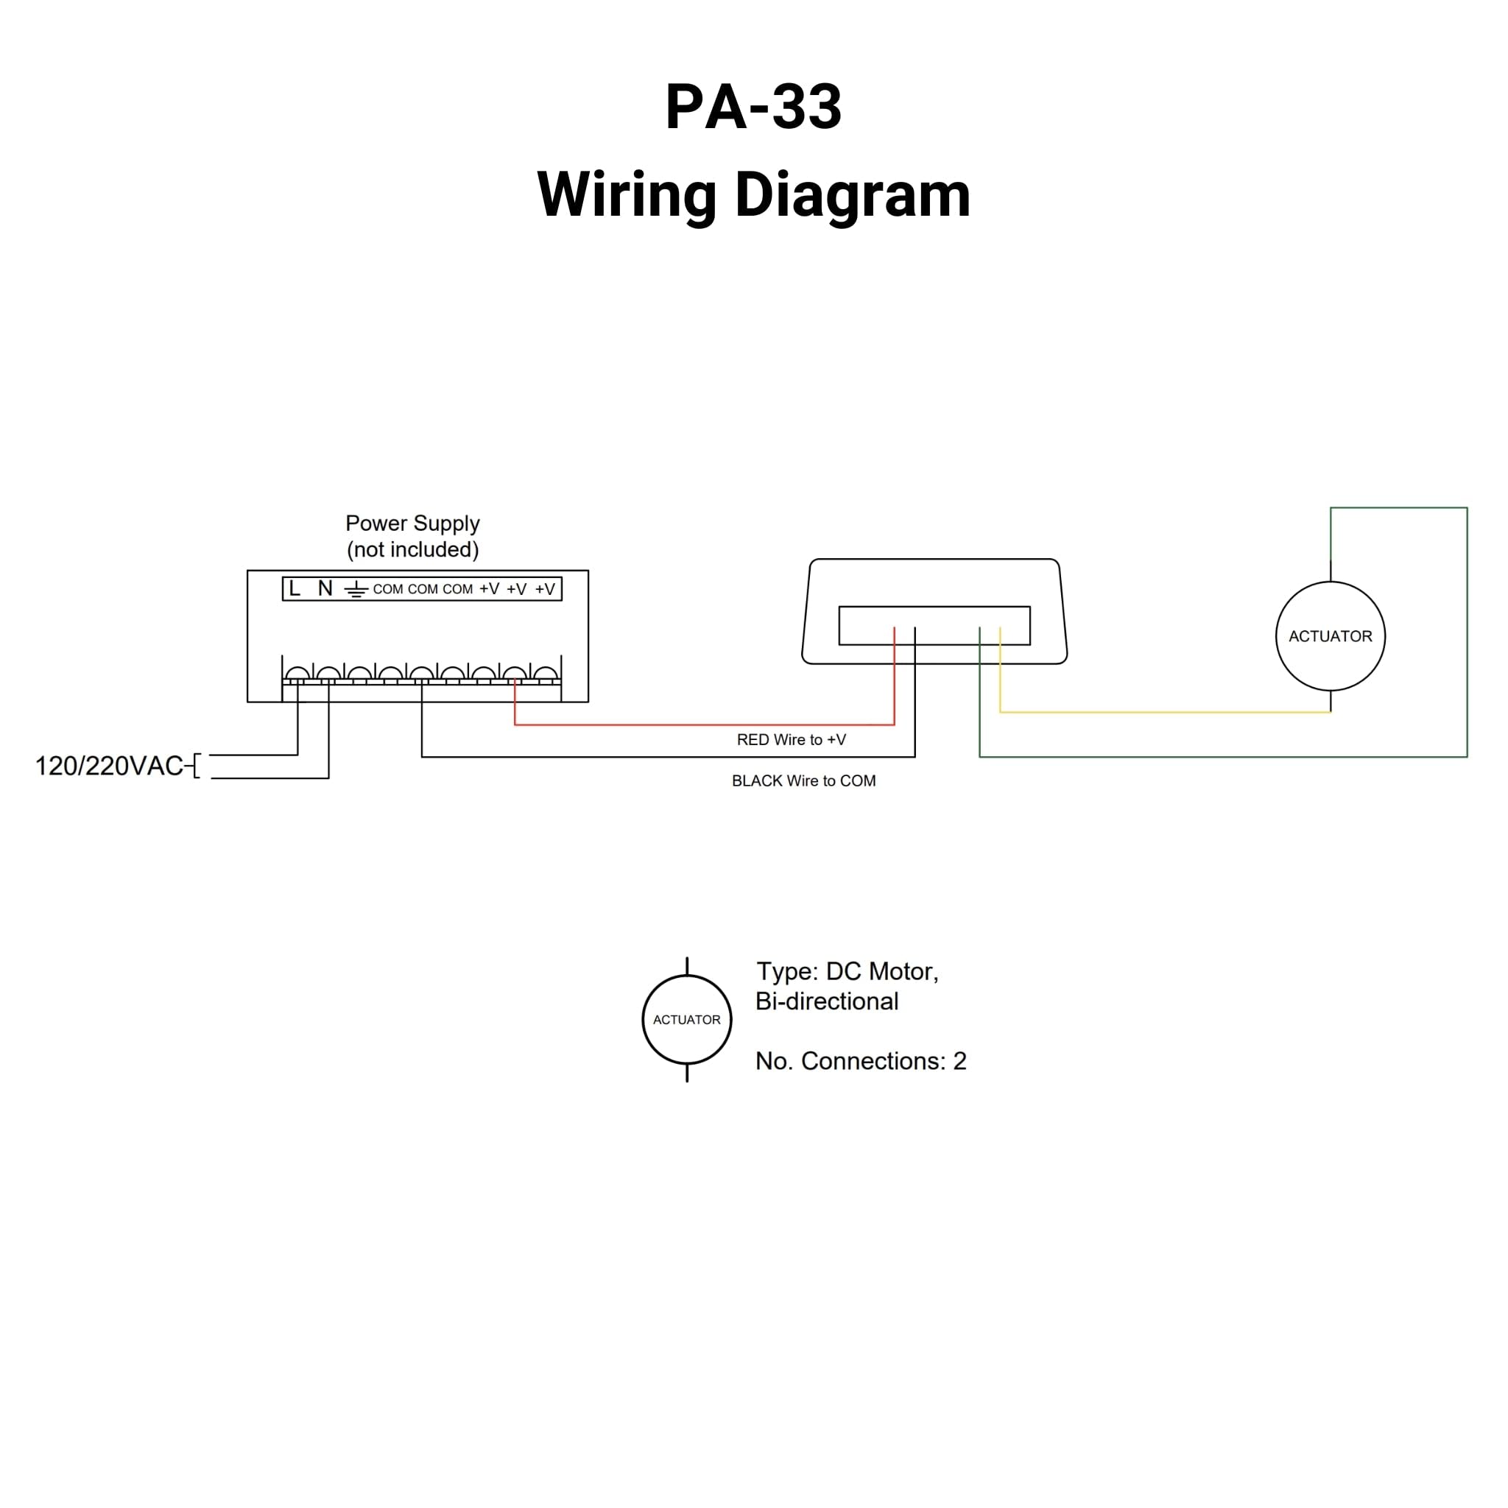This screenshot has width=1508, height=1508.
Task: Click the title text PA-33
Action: coord(753,107)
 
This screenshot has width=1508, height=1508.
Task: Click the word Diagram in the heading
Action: coord(853,195)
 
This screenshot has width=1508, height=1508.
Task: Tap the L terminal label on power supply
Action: coord(295,588)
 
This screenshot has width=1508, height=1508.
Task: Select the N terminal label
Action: coord(325,588)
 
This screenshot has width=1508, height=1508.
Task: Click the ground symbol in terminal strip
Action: coord(356,590)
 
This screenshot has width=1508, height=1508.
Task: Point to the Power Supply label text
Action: coord(412,523)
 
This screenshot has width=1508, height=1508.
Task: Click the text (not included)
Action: coord(412,549)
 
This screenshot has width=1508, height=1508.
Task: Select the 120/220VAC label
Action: coord(109,766)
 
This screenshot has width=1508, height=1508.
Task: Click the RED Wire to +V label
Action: coord(791,739)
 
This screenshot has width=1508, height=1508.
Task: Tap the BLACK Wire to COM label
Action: coord(803,781)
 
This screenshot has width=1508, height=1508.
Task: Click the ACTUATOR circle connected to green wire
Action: coord(1330,636)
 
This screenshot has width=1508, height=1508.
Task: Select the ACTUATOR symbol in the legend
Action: coord(686,1019)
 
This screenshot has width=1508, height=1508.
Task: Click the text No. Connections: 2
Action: coord(860,1061)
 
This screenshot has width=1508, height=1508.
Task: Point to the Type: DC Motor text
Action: coord(847,971)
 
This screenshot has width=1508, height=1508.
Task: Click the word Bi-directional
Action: coord(827,1001)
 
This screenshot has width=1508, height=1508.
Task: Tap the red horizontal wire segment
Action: coord(702,725)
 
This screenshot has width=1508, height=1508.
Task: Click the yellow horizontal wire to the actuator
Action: coord(1163,712)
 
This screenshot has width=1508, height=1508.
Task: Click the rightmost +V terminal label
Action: coord(545,589)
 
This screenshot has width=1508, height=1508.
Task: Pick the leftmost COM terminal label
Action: coord(387,589)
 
